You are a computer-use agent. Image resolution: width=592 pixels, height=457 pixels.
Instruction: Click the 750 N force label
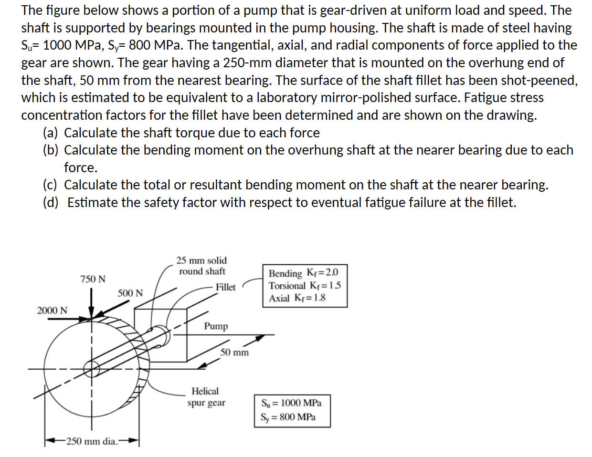coord(93,279)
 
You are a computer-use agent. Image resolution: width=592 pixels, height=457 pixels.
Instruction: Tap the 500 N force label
coord(130,293)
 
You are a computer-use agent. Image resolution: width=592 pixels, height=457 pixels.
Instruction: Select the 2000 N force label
coord(52,311)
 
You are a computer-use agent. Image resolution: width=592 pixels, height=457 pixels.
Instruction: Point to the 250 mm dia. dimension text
coord(92,441)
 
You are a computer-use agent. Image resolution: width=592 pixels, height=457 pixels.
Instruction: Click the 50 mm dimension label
coord(234,353)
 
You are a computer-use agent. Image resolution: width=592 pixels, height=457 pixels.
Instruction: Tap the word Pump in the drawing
coord(216,326)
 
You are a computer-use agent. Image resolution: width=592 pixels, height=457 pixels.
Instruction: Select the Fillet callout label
coord(225,287)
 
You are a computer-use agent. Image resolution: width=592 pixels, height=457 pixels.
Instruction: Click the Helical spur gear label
coord(206,397)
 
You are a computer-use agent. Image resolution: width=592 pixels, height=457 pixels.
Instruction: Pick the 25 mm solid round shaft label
coord(201,266)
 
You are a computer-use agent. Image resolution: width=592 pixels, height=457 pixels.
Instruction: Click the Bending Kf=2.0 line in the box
coord(303,273)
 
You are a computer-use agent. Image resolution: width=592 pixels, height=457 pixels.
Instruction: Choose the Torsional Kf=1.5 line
coord(305,286)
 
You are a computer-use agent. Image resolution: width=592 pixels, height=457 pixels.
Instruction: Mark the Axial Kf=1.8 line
coord(297,298)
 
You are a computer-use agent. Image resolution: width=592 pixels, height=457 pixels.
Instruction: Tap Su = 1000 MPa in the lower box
coord(291,403)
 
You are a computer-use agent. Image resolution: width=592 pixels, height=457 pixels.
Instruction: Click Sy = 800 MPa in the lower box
coord(288,417)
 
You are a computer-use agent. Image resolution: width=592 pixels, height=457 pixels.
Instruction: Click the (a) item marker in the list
coord(51,133)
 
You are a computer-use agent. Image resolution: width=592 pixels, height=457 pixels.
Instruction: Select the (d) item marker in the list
coord(51,203)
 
